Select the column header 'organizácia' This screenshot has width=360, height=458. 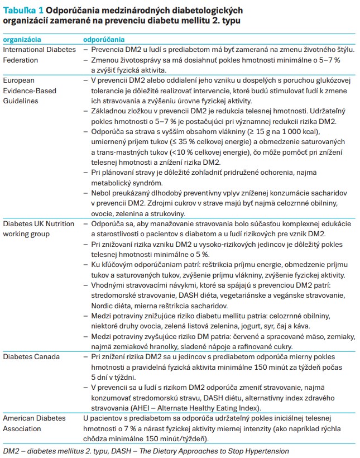tap(23, 40)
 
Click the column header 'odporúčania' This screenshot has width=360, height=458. tap(104, 40)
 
